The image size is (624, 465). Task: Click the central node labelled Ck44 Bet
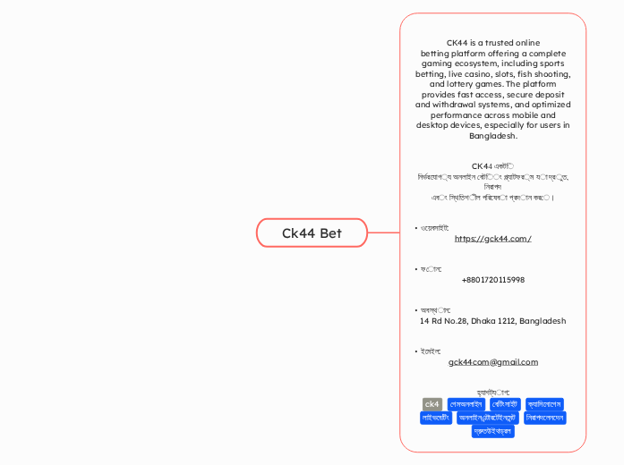click(x=312, y=232)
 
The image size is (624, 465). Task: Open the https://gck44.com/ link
click(x=493, y=239)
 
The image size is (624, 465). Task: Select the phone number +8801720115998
click(x=493, y=280)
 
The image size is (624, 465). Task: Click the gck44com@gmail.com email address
click(x=493, y=362)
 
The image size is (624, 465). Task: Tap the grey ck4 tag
click(x=432, y=404)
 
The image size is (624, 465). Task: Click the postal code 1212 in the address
click(x=509, y=320)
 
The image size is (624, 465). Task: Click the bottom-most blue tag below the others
click(x=493, y=431)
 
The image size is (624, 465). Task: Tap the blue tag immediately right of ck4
click(x=466, y=404)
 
